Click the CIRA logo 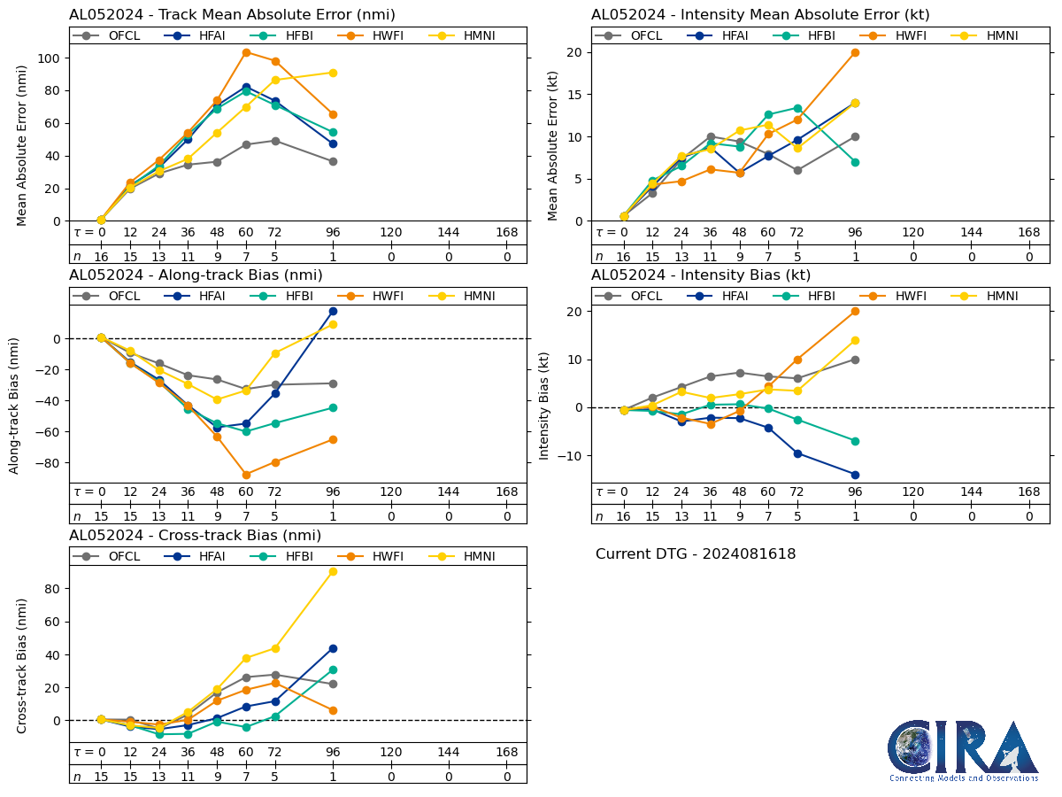tap(964, 750)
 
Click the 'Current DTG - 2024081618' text tap(696, 554)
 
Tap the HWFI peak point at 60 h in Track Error tap(246, 52)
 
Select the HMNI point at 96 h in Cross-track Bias tap(333, 571)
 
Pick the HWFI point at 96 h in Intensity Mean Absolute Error tap(855, 52)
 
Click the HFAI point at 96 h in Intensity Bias tap(855, 475)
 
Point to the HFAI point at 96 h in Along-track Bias tap(333, 311)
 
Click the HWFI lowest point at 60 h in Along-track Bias tap(246, 475)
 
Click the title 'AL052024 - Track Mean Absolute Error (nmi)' tap(232, 15)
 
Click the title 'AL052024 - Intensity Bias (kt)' tap(701, 275)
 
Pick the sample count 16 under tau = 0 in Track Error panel tap(101, 257)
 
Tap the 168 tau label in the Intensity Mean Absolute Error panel tap(1028, 233)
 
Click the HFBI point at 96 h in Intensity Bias tap(855, 441)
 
